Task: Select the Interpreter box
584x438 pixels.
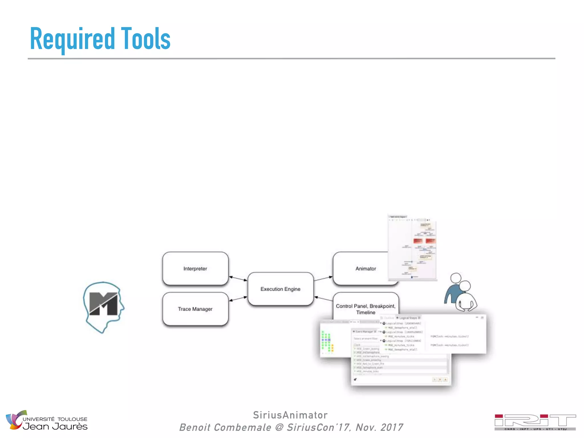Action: coord(195,268)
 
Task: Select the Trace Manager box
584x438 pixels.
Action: coord(195,309)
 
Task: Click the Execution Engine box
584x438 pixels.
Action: coord(280,289)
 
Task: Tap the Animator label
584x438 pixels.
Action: coord(365,268)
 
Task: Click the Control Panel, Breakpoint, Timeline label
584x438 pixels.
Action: coord(366,309)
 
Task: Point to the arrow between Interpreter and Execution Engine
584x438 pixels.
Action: coord(238,278)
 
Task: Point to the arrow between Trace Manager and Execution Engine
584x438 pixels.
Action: coord(238,299)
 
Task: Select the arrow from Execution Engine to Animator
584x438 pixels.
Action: coord(323,279)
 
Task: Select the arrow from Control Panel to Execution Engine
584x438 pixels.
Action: coord(323,299)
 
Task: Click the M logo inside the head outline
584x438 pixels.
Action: coord(104,304)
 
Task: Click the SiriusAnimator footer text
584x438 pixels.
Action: coord(290,415)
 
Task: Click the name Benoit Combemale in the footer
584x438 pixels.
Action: coord(225,427)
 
